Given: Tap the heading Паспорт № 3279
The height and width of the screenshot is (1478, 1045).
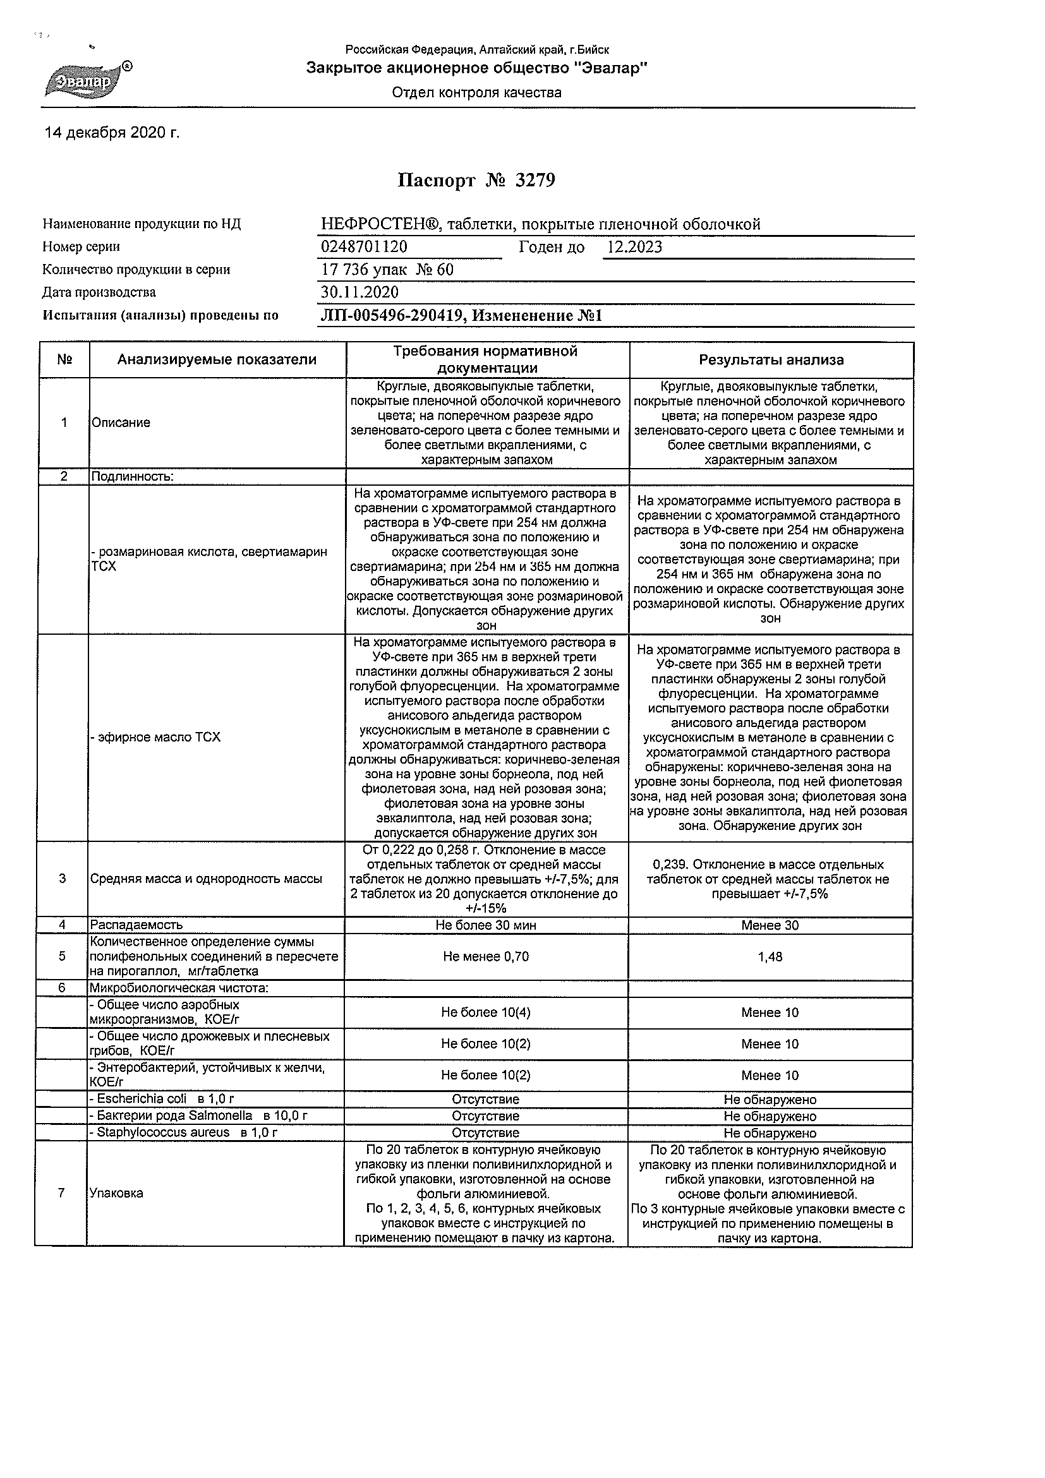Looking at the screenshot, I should click(476, 180).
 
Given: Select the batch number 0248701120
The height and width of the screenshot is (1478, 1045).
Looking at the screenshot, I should click(364, 247).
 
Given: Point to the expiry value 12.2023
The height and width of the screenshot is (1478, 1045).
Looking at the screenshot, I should click(634, 247).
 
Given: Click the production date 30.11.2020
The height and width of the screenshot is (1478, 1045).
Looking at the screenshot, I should click(359, 292).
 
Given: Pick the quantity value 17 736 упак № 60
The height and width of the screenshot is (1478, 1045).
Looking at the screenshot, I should click(387, 270).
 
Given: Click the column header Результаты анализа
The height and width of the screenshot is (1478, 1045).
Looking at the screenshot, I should click(771, 360).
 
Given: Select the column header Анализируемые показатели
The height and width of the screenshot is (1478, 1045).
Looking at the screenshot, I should click(216, 360).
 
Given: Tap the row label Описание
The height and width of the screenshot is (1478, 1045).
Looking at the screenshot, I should click(121, 423).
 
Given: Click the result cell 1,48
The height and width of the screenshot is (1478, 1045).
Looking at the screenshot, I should click(770, 956).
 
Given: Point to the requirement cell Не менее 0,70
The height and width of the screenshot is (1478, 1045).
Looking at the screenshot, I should click(485, 956).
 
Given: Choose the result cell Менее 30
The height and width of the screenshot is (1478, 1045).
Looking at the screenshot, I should click(770, 925).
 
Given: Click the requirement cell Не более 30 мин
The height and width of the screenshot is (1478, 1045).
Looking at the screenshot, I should click(485, 925).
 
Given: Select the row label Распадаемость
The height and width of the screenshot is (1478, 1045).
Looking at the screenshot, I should click(136, 925).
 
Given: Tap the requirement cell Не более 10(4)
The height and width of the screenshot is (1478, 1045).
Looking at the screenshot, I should click(485, 1012).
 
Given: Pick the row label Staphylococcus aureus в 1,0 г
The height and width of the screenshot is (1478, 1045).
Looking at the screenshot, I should click(183, 1133).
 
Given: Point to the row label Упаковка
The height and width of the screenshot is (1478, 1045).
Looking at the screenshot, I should click(116, 1193).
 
